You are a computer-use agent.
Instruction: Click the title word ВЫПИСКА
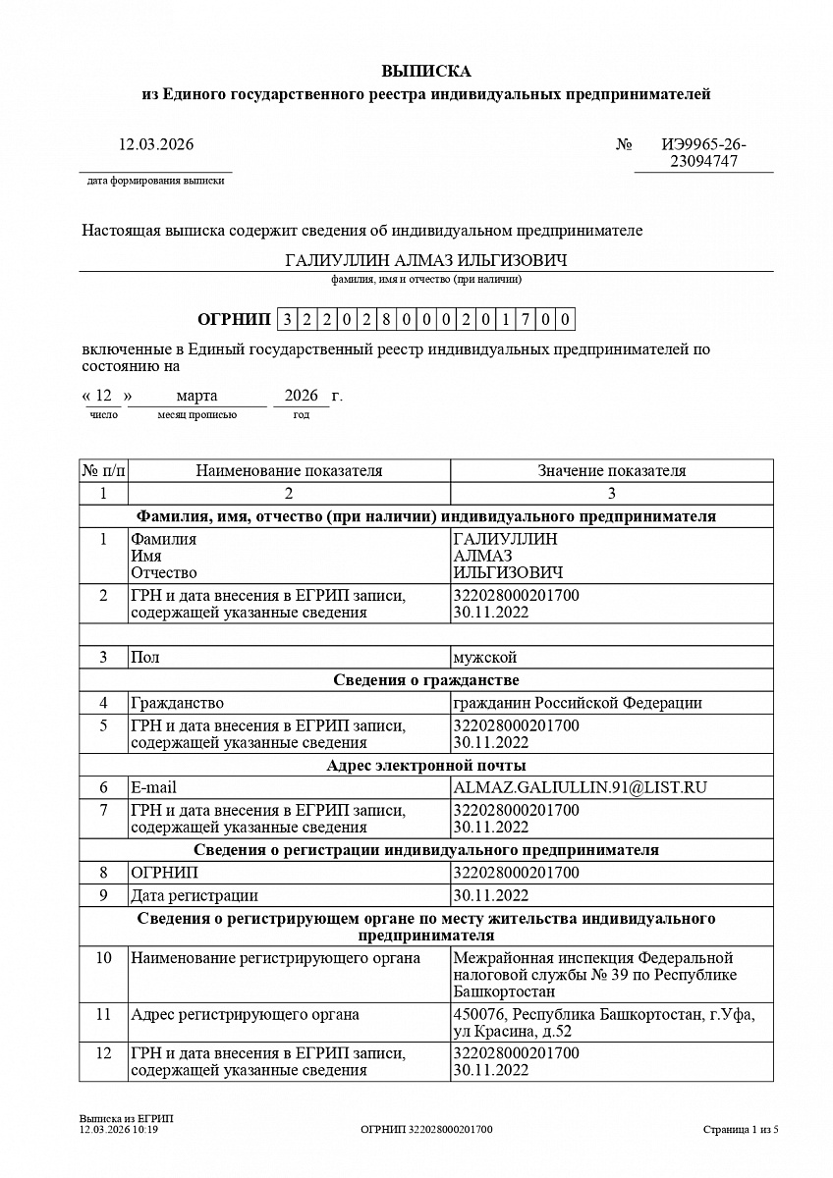coord(425,71)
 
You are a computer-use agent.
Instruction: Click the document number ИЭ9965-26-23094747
coord(703,153)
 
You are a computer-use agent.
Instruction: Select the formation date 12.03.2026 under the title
coord(156,144)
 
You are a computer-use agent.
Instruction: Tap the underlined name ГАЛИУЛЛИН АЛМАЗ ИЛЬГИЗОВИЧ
coord(425,260)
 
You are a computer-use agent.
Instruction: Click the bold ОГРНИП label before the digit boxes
coord(234,319)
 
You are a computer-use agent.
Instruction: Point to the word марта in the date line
coord(196,396)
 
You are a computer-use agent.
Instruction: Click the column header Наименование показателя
coord(289,471)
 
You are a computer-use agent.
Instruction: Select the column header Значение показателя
coord(611,471)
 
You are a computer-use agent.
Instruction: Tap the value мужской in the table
coord(484,657)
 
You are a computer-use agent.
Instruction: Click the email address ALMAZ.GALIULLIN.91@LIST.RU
coord(581,787)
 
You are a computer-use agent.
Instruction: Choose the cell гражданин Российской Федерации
coord(578,703)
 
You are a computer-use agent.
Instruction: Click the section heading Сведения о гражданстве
coord(425,680)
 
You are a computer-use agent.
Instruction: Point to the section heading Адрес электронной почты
coord(425,765)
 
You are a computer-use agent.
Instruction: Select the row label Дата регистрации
coord(194,895)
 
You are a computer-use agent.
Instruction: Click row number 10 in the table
coord(103,958)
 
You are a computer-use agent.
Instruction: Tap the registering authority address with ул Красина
coord(603,1023)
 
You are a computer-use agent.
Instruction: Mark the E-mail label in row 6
coord(153,787)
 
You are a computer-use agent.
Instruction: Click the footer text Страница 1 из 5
coord(740,1130)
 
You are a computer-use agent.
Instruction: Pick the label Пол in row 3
coord(144,657)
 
